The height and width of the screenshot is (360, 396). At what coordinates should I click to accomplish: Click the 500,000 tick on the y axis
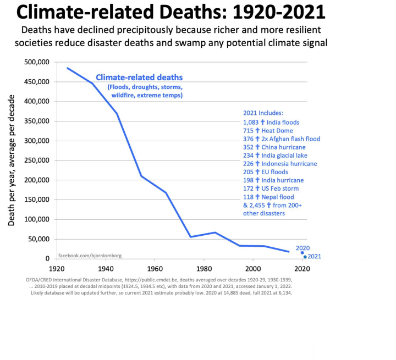point(37,62)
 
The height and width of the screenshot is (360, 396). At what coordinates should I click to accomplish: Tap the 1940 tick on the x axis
point(105,269)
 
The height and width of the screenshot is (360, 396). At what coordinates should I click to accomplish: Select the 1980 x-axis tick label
point(204,269)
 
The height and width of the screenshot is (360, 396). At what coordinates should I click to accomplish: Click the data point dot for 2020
point(302,253)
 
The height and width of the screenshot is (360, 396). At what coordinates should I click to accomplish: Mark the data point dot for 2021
point(305,257)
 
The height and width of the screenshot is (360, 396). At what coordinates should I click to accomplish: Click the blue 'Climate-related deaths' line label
point(139,77)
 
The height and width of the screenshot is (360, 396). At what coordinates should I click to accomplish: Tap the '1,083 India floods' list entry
point(272,122)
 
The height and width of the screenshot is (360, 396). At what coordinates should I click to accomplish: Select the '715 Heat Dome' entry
point(268,131)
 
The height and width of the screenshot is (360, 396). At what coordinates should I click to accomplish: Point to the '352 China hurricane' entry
point(274,147)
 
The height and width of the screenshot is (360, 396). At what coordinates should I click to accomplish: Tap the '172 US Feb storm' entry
point(271,189)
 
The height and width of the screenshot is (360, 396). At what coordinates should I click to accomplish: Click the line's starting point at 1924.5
point(68,68)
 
